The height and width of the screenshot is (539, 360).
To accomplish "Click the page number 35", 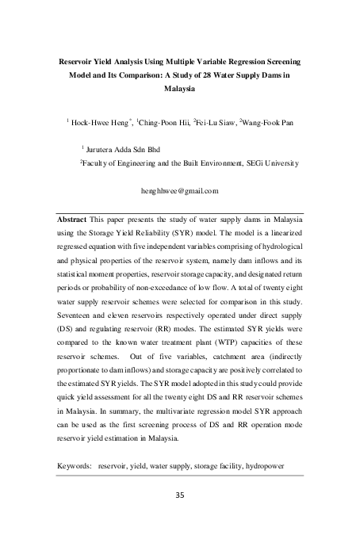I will [179, 497].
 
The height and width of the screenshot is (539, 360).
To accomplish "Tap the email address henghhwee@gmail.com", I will [179, 191].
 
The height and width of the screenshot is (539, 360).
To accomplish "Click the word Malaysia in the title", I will [180, 89].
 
